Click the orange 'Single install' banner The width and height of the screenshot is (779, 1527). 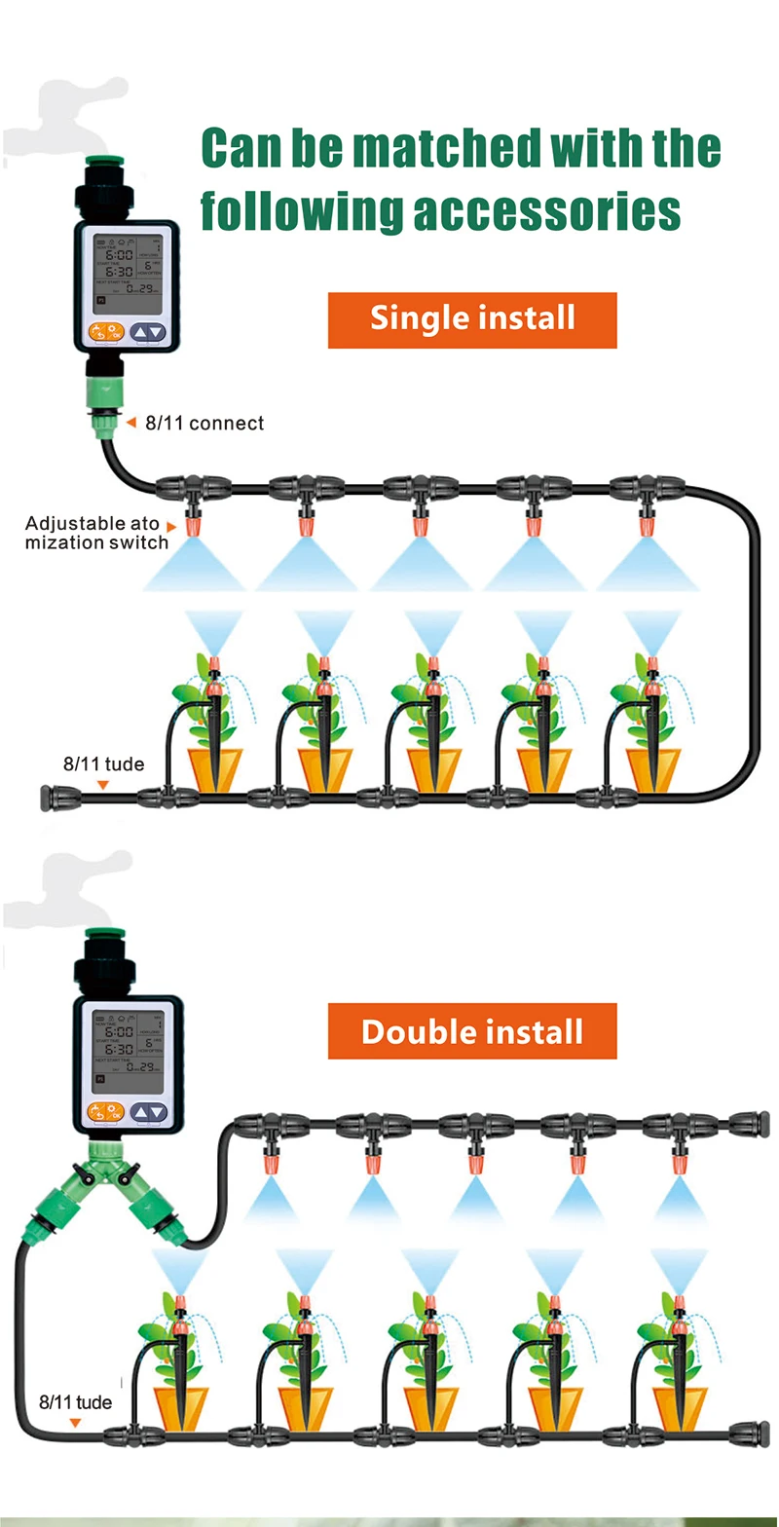pyautogui.click(x=472, y=319)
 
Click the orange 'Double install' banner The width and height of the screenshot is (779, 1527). pyautogui.click(x=472, y=1031)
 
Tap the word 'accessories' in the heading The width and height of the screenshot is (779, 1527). pyautogui.click(x=547, y=208)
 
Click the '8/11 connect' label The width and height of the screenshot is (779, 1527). pyautogui.click(x=204, y=423)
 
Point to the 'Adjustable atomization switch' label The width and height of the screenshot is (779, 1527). pyautogui.click(x=93, y=533)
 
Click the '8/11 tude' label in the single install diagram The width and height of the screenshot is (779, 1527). pyautogui.click(x=103, y=764)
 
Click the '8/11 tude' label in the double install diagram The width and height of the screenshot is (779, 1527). pyautogui.click(x=75, y=1403)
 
